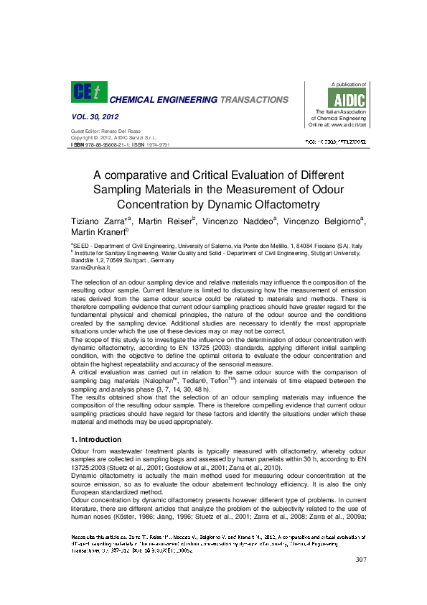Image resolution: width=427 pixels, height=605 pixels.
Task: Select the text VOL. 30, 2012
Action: coord(95,116)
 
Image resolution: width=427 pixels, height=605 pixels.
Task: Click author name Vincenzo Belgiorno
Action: coord(316,218)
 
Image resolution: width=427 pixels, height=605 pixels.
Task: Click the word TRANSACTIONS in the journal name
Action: coord(254,100)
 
